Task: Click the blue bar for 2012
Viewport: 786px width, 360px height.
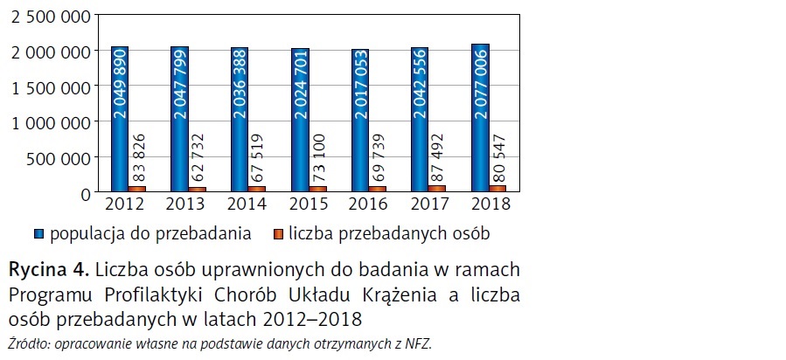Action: (x=120, y=119)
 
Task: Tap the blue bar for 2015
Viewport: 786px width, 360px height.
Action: (x=300, y=120)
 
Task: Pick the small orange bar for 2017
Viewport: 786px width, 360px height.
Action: (x=438, y=188)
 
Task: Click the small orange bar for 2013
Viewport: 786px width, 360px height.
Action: (x=198, y=189)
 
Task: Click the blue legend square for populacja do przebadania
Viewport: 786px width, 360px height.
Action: (x=38, y=235)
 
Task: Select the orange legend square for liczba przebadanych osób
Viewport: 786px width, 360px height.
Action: (x=278, y=235)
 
